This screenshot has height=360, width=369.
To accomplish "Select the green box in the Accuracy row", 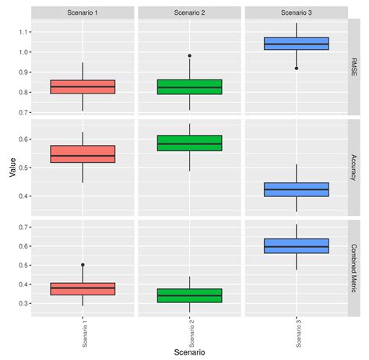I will point(189,143).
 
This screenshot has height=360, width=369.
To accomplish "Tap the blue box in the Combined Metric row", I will point(297,246).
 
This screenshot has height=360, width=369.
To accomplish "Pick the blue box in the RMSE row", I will point(297,44).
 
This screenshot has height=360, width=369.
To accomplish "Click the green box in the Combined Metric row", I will point(189,295).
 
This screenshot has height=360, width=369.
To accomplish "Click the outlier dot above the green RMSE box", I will point(189,55).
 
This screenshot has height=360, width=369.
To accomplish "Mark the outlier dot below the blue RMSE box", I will point(297,69).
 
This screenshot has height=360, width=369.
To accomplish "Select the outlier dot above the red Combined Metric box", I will point(83,265).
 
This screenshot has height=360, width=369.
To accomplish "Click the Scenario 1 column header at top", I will point(83,12).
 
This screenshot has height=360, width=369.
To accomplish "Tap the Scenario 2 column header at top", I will point(189,12).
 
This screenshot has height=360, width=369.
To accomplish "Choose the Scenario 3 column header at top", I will point(297,12).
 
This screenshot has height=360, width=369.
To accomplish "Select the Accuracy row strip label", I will point(354,168).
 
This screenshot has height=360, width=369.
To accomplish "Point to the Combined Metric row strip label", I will point(354,267).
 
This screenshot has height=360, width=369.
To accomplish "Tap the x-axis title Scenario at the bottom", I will point(189,352).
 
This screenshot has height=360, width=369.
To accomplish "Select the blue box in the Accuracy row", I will point(297,189).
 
